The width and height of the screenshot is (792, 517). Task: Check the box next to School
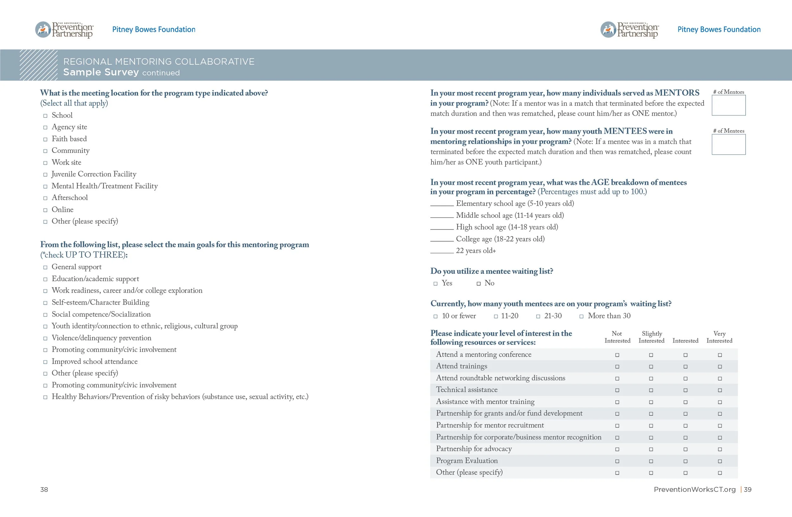(x=45, y=116)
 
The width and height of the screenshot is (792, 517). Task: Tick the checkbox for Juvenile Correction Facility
(x=45, y=175)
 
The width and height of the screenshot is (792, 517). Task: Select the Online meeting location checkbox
(x=45, y=210)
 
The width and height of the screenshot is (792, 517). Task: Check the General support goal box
(x=45, y=267)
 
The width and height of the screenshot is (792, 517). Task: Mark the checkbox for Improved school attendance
(x=45, y=362)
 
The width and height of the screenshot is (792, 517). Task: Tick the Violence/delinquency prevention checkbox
(x=45, y=338)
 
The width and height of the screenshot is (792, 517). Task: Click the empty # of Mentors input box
(x=728, y=106)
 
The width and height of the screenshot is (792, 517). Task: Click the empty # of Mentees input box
(x=728, y=145)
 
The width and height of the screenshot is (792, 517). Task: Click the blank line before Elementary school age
(x=442, y=205)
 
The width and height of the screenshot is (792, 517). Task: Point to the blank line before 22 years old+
(x=442, y=252)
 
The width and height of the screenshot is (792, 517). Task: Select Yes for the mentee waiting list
(x=435, y=284)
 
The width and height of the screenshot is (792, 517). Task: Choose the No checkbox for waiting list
(x=479, y=284)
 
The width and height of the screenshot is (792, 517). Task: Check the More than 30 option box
(x=581, y=317)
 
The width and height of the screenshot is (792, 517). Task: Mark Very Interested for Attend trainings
(x=720, y=367)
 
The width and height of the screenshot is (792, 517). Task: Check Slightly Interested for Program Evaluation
(x=651, y=462)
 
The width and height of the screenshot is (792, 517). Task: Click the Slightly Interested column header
(x=651, y=337)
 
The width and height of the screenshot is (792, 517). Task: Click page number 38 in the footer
(x=44, y=489)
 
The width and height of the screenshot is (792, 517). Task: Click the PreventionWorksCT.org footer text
(x=694, y=489)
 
